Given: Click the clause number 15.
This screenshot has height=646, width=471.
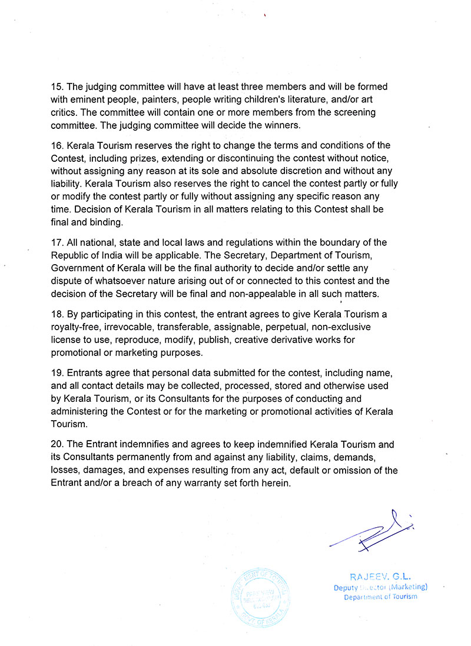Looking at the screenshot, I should [x=57, y=86].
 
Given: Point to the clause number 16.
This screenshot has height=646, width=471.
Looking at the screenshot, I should [x=57, y=145].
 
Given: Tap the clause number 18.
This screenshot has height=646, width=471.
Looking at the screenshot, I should [x=57, y=315].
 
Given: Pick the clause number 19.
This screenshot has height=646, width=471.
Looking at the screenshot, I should [x=57, y=374].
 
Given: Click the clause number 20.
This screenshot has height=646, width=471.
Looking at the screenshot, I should [x=57, y=445].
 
